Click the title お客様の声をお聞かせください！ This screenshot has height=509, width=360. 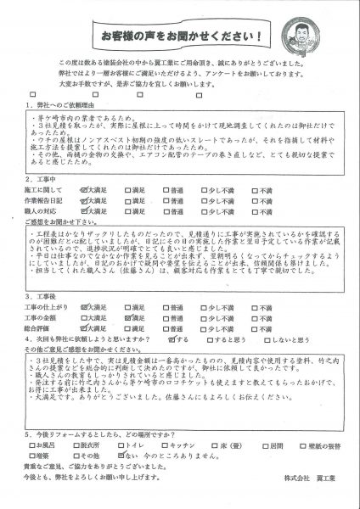coord(180,37)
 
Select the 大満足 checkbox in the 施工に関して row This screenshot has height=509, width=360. coord(82,192)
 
